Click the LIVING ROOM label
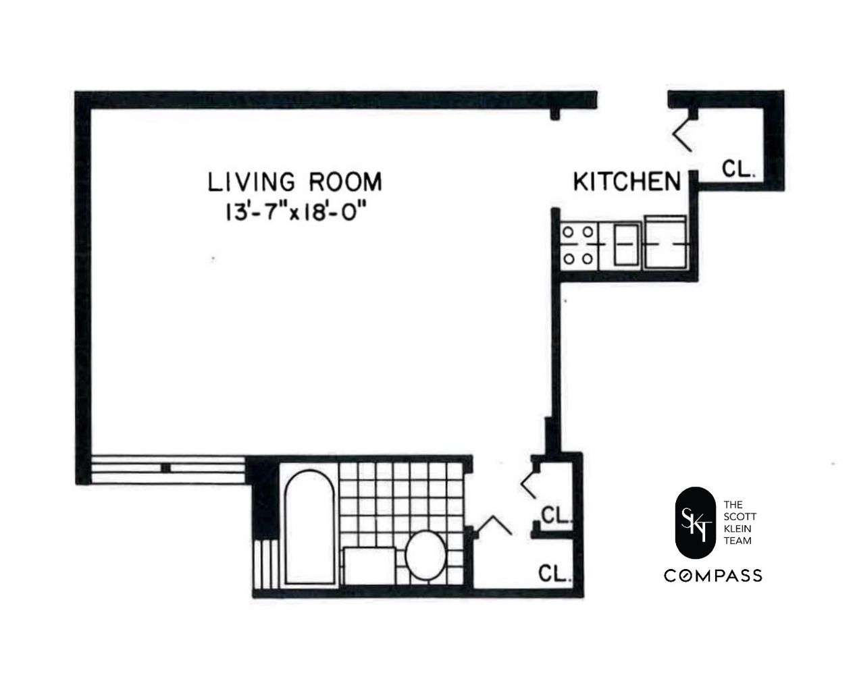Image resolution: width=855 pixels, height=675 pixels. click(x=294, y=182)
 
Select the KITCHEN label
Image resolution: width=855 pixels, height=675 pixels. click(x=626, y=182)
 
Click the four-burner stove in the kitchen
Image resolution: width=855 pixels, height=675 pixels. click(x=578, y=244)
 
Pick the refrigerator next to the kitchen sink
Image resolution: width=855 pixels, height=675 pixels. click(x=666, y=242)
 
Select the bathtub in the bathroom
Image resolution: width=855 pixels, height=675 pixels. click(x=308, y=529)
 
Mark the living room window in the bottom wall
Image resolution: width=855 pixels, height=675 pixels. click(x=167, y=468)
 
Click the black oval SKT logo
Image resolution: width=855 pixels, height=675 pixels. click(x=694, y=522)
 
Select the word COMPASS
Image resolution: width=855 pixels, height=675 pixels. click(x=713, y=576)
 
